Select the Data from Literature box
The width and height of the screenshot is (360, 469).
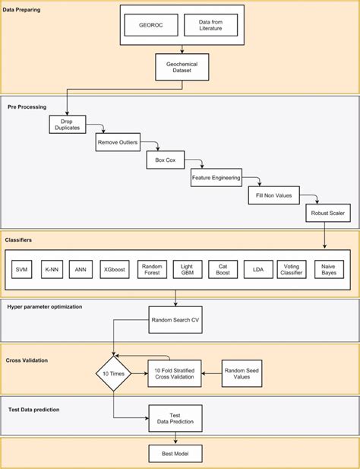pos(210,25)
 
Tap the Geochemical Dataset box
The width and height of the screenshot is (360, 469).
pos(181,67)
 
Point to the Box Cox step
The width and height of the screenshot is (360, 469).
pos(161,161)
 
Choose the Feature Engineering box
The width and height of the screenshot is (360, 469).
pos(216,179)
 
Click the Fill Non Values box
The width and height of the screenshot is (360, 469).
pos(274,196)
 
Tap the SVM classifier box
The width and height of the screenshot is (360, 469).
pos(24,269)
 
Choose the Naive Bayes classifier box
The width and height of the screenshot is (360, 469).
pos(329,269)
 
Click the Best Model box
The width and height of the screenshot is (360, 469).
pos(176,455)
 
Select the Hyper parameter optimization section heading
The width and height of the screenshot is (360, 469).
pos(54,306)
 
